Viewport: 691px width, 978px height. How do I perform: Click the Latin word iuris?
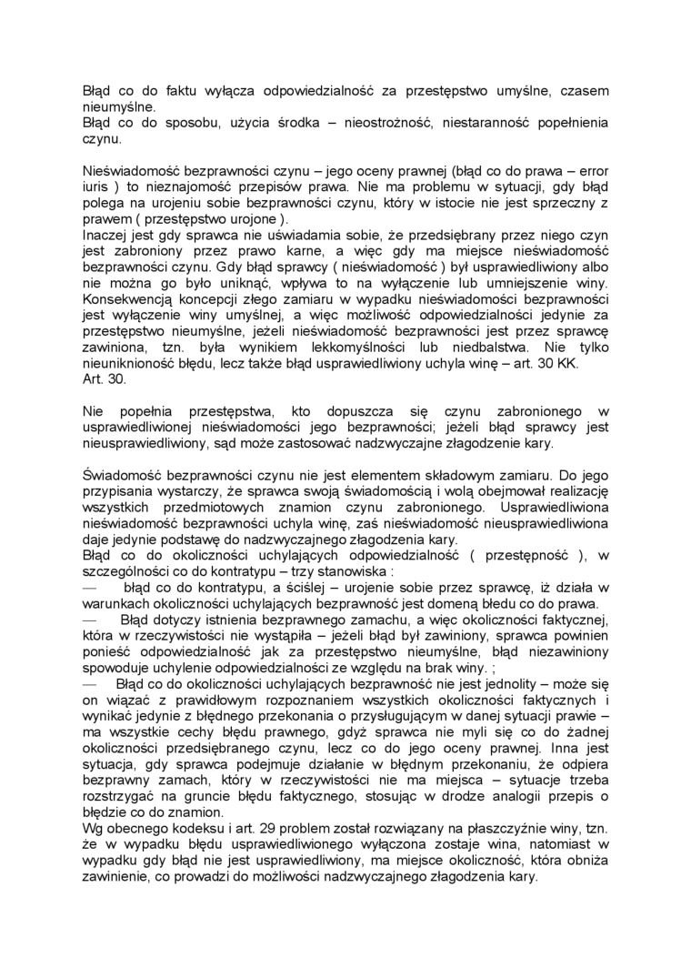pos(95,186)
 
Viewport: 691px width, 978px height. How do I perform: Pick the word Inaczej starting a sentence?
pos(107,233)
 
